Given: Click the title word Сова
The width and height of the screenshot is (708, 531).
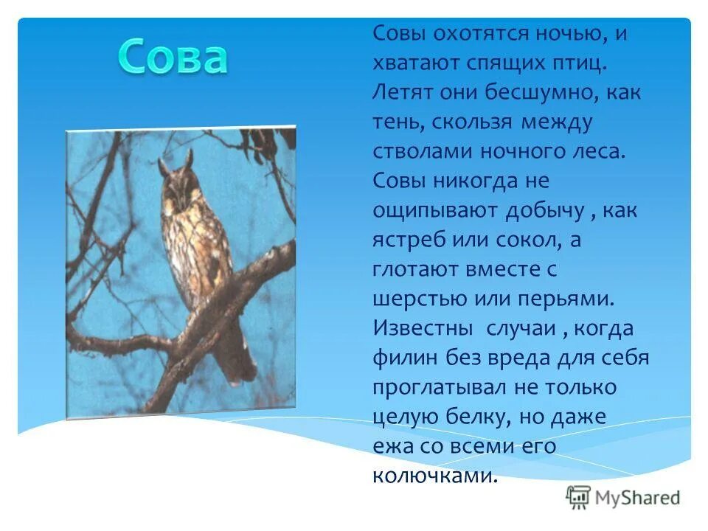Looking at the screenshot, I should click(x=172, y=58).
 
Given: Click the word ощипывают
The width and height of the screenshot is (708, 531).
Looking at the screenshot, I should click(x=434, y=212).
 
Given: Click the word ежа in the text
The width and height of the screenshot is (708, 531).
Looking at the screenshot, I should click(x=391, y=447).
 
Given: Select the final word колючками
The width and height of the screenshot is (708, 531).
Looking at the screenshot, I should click(x=431, y=476).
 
